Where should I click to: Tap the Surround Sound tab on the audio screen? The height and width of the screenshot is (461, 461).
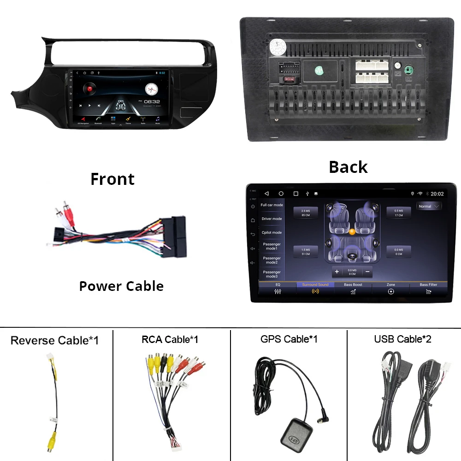click(x=315, y=289)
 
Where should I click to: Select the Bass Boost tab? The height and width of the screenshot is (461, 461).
click(x=353, y=289)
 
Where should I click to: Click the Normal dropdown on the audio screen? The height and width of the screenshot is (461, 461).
click(x=429, y=206)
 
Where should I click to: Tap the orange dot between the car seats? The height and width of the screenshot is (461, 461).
click(x=352, y=231)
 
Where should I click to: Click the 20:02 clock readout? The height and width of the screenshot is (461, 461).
click(x=437, y=194)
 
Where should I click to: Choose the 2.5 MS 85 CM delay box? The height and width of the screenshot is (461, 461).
click(x=306, y=213)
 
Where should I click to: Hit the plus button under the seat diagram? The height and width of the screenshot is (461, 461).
click(x=337, y=272)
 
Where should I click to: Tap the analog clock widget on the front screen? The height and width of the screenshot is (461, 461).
click(x=151, y=89)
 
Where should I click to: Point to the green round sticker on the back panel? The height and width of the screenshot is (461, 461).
click(x=319, y=71)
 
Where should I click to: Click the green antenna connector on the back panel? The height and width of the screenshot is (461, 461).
click(x=408, y=71)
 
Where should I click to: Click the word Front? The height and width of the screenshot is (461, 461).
click(x=112, y=179)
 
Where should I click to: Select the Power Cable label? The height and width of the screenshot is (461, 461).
click(x=121, y=286)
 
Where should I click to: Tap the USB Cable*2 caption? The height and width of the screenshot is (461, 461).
click(x=403, y=339)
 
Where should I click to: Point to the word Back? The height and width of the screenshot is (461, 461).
click(x=348, y=167)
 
